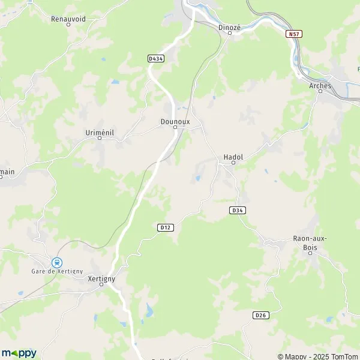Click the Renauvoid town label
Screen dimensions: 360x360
click(68, 19)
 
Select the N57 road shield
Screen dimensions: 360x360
click(294, 34)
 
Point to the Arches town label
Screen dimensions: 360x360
click(320, 86)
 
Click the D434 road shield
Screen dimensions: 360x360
click(156, 58)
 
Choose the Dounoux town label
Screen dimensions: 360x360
click(175, 121)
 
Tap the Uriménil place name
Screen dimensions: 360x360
click(100, 131)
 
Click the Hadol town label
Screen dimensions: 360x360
click(233, 157)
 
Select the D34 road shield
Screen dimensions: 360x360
click(238, 211)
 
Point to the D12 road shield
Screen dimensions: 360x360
click(166, 227)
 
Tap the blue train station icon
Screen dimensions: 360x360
click(57, 262)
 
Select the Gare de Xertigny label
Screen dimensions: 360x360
click(58, 272)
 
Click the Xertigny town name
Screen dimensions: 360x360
click(101, 278)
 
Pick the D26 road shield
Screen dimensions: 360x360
click(260, 316)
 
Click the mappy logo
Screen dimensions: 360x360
click(19, 353)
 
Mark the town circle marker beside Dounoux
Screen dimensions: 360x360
click(175, 127)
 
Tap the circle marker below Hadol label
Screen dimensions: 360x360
click(233, 163)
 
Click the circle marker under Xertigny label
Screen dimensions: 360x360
click(101, 284)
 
